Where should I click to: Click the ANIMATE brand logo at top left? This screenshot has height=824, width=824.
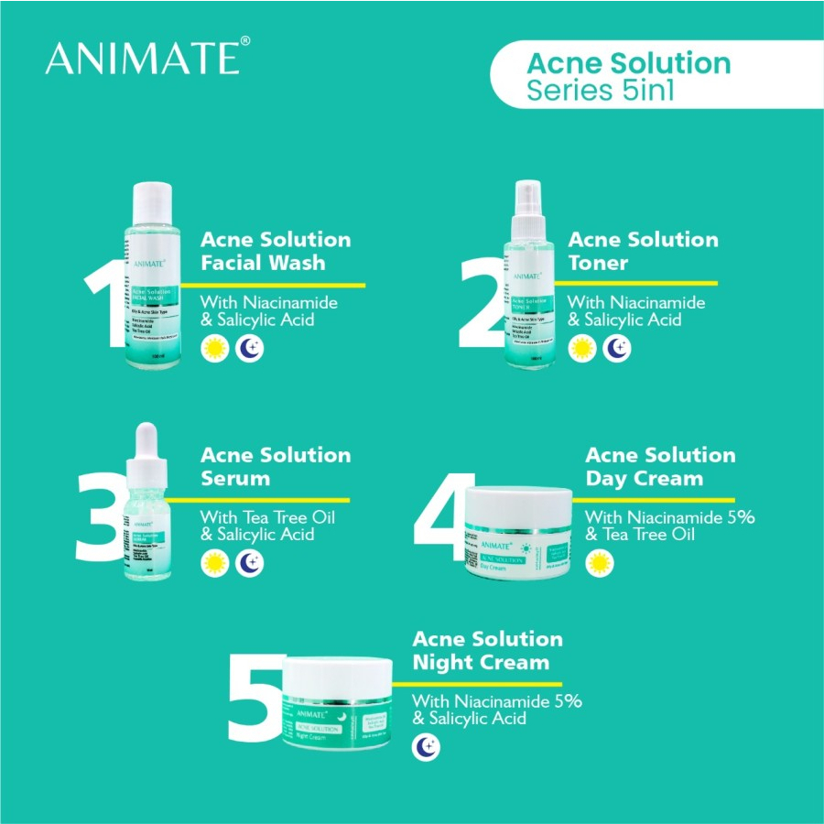click(x=143, y=58)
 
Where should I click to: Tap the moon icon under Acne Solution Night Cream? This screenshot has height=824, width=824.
click(x=426, y=747)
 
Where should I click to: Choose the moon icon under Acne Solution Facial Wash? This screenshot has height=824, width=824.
click(x=249, y=349)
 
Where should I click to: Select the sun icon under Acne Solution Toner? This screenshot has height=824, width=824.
click(x=581, y=349)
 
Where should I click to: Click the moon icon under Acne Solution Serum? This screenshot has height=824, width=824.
click(x=249, y=563)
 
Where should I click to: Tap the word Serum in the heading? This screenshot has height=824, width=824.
click(x=235, y=478)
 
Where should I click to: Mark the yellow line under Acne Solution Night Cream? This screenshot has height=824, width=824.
click(x=485, y=684)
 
